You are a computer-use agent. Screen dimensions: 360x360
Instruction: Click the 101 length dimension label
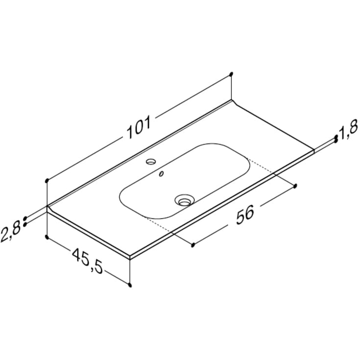tap(139, 127)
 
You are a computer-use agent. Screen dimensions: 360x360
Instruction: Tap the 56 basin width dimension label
tap(245, 215)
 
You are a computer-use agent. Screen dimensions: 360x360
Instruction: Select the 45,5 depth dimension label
tap(88, 261)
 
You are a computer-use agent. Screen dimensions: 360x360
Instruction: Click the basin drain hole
tap(183, 200)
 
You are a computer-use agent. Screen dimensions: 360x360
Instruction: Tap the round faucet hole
tap(151, 162)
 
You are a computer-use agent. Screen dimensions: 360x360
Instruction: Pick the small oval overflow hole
tap(162, 174)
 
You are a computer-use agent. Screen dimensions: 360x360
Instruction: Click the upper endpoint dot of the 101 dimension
tap(231, 74)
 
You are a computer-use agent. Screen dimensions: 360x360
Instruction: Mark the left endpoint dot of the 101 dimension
tap(47, 181)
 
